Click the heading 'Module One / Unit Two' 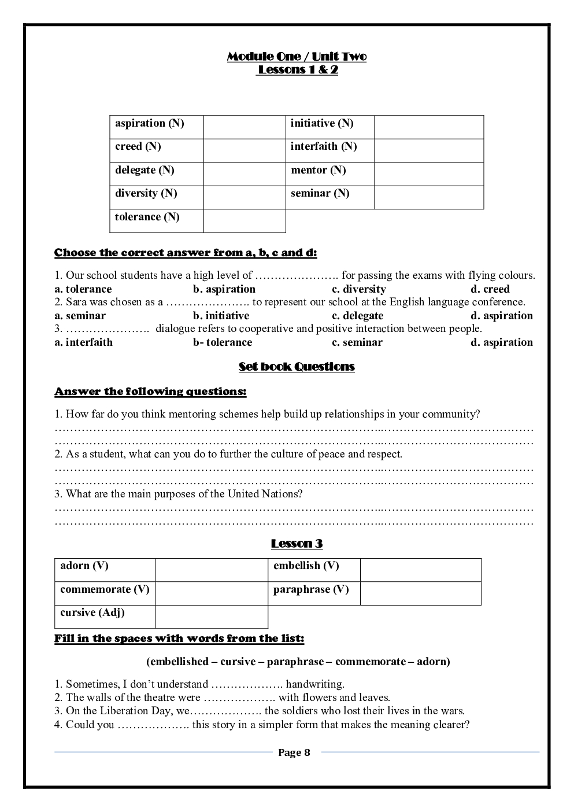pyautogui.click(x=297, y=57)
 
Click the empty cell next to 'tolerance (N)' pyautogui.click(x=245, y=220)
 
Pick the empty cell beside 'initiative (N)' pyautogui.click(x=428, y=127)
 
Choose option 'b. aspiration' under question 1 pyautogui.click(x=224, y=289)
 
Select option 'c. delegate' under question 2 pyautogui.click(x=357, y=316)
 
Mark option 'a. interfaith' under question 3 pyautogui.click(x=83, y=342)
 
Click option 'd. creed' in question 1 pyautogui.click(x=490, y=289)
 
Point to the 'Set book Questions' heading pyautogui.click(x=297, y=367)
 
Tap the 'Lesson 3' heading pyautogui.click(x=297, y=544)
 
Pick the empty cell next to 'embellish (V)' pyautogui.click(x=420, y=570)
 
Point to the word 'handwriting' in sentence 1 pyautogui.click(x=314, y=684)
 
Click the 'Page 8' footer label pyautogui.click(x=294, y=752)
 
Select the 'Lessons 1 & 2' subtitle pyautogui.click(x=298, y=70)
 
